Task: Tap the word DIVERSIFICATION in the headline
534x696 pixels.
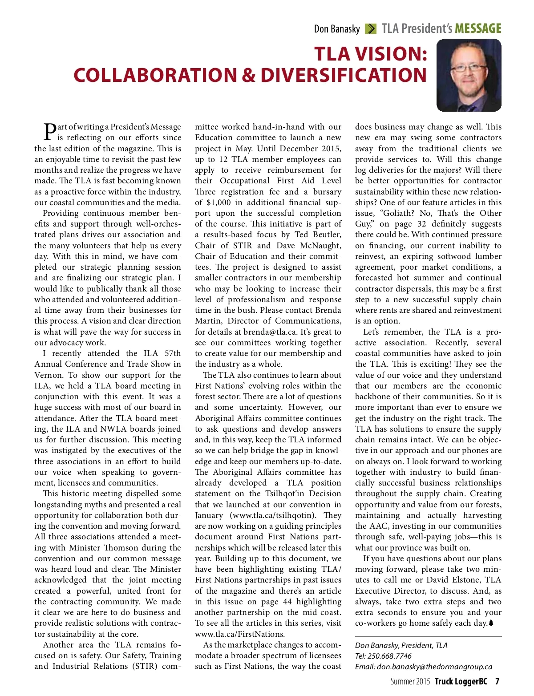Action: tap(344, 75)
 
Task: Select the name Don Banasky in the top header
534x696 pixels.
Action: tap(336, 29)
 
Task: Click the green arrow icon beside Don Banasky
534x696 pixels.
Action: tap(370, 29)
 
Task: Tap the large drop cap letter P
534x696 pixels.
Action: tap(50, 131)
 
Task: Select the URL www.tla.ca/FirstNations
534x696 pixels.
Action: tap(239, 634)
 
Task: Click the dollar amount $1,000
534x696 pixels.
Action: tap(218, 202)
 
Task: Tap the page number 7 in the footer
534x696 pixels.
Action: tap(497, 682)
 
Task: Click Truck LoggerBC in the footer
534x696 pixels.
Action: tap(461, 682)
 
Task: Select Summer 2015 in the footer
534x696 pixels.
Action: tap(410, 682)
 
